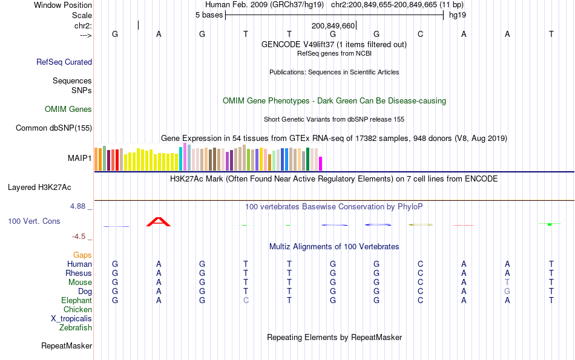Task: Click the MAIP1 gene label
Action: click(79, 159)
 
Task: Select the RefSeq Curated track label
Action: click(64, 62)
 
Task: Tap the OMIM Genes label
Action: click(68, 110)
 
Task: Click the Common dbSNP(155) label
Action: click(54, 128)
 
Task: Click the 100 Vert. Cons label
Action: click(34, 221)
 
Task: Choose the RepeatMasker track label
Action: click(67, 346)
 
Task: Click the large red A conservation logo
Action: click(159, 221)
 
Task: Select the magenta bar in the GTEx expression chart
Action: click(321, 163)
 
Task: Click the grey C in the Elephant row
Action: click(246, 301)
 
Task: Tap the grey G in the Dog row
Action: click(507, 292)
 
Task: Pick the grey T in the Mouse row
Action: click(507, 283)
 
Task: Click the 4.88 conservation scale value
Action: click(80, 206)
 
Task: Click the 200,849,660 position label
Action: click(333, 26)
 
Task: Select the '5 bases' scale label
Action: click(209, 15)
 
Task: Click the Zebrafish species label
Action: click(76, 328)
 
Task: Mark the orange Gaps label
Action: click(82, 255)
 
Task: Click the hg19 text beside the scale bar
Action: click(457, 15)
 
